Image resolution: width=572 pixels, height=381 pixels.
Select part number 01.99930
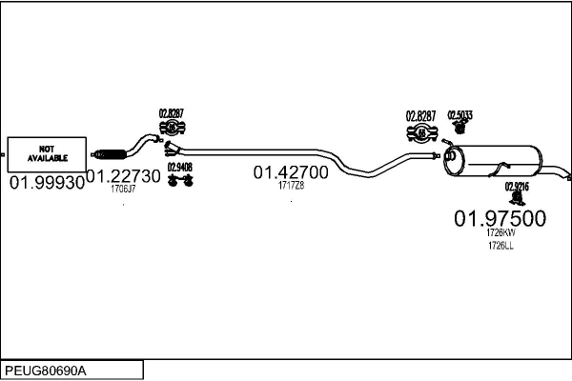[47, 181]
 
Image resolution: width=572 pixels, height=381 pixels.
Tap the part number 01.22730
[124, 176]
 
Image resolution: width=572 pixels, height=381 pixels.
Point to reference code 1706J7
[124, 190]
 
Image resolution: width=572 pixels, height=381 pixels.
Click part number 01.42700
[291, 172]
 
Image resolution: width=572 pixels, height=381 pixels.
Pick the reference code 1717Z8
[291, 186]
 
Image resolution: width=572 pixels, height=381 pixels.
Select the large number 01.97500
[500, 218]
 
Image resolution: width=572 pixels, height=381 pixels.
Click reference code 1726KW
[500, 232]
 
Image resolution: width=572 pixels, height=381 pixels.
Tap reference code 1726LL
[500, 246]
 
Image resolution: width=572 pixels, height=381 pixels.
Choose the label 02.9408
[178, 167]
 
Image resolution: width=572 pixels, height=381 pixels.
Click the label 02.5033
[460, 115]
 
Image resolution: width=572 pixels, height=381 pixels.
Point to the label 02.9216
[518, 187]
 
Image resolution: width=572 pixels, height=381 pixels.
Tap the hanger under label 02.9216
[519, 198]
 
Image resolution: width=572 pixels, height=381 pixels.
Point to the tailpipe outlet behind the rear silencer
[566, 176]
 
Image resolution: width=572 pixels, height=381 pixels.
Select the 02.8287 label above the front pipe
[172, 113]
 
